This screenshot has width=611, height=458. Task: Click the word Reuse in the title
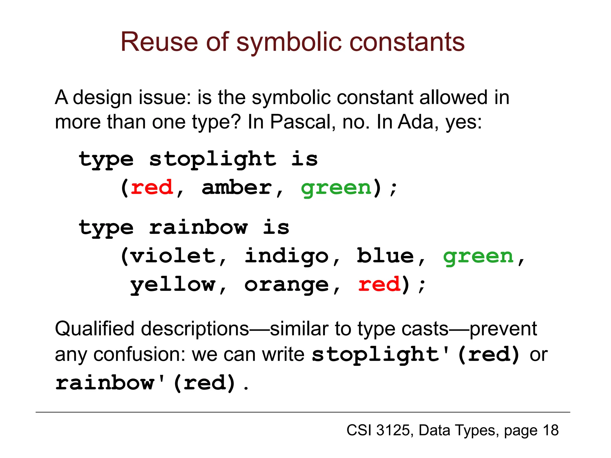pos(159,42)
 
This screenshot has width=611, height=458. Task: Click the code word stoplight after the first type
pos(212,160)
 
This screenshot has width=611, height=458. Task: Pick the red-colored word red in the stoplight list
pos(152,188)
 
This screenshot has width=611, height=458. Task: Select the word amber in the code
pos(237,188)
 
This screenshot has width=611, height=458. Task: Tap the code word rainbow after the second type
pos(198,228)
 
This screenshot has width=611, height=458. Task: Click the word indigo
pos(287,256)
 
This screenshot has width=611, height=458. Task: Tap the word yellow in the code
pos(173,285)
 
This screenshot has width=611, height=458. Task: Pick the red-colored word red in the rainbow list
pos(379,284)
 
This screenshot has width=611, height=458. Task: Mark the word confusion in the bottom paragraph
pos(138,355)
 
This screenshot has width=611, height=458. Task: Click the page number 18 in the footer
pos(550,431)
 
